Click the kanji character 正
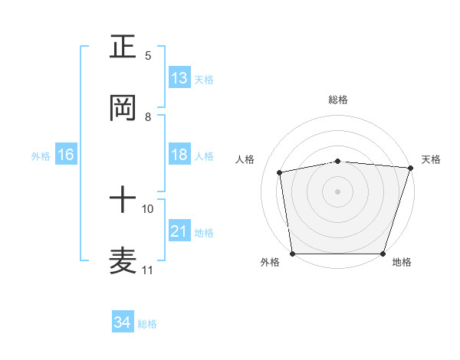123,47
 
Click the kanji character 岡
123,108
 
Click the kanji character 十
123,201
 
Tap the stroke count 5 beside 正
148,56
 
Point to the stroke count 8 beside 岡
148,117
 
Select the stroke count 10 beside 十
148,208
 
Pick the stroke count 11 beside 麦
148,270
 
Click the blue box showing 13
179,78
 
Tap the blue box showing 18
179,155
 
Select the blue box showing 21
179,231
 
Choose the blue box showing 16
66,155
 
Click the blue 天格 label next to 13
204,80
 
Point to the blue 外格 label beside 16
41,156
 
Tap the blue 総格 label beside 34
147,324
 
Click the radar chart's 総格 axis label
338,100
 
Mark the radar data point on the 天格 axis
410,168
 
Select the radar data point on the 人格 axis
280,172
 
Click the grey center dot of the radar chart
338,191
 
